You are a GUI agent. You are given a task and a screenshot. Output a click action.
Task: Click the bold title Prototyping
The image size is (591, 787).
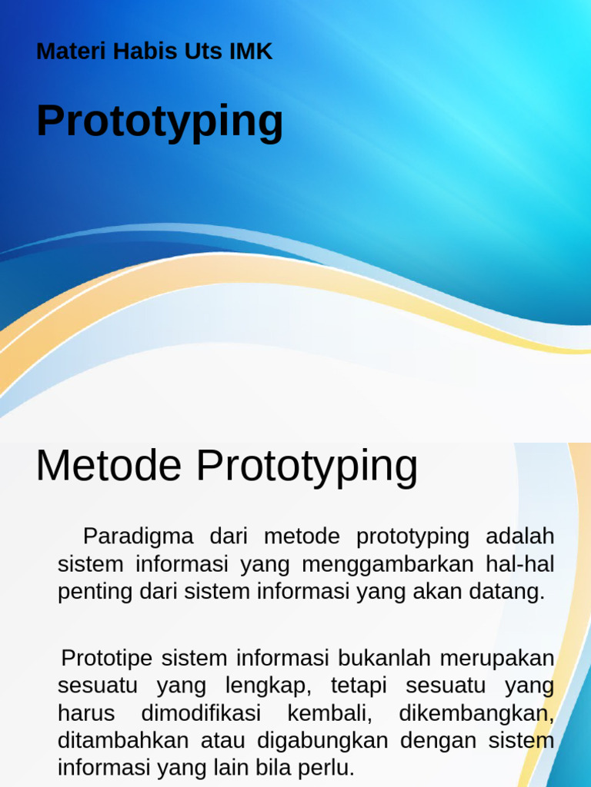[x=159, y=121]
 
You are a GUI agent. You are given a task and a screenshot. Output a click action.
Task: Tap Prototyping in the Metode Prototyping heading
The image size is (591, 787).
[x=306, y=467]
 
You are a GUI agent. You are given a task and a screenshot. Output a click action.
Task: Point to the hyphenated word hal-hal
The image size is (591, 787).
[x=519, y=564]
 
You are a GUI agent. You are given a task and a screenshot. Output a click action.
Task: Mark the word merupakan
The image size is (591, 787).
[x=497, y=659]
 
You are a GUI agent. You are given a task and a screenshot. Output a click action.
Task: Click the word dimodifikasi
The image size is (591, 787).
[x=201, y=713]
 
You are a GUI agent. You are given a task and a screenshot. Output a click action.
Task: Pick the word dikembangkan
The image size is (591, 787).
[x=476, y=713]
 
